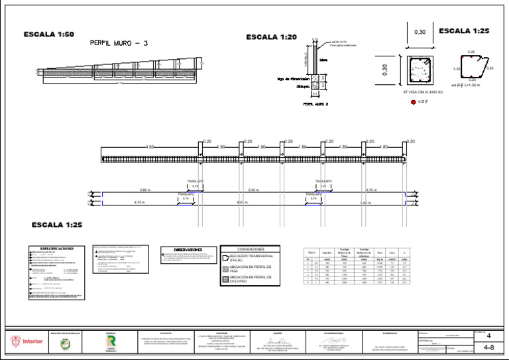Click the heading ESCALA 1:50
tap(49, 34)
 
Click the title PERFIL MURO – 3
tap(119, 43)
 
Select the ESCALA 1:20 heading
tap(272, 37)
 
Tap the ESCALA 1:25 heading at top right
tap(464, 30)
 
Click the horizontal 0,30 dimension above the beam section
tap(420, 32)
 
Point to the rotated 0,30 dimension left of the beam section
tap(384, 69)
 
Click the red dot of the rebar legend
tap(413, 102)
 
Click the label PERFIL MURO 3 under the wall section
tap(316, 104)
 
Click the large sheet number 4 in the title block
tap(488, 336)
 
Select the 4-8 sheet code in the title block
tap(488, 347)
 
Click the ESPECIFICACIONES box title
tap(56, 249)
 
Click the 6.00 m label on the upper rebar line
tap(253, 190)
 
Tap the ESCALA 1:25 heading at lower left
tap(57, 225)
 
